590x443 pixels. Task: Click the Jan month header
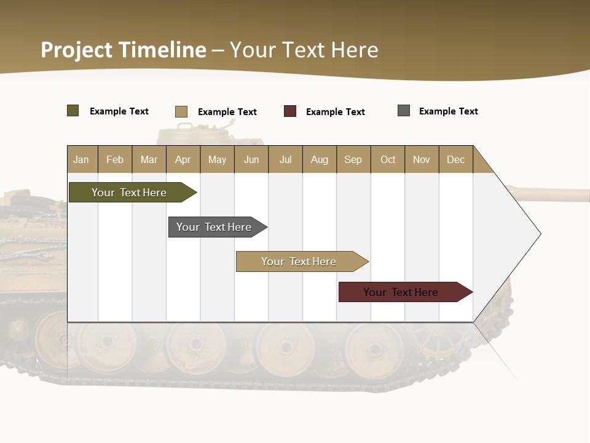(81, 159)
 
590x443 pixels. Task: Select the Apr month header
(183, 159)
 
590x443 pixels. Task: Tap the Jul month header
(285, 159)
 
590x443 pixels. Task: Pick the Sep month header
(353, 159)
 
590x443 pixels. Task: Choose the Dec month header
(455, 159)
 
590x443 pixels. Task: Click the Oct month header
(388, 159)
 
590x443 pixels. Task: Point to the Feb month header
(115, 159)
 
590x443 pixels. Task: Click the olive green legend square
(73, 111)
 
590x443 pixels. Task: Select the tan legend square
(181, 111)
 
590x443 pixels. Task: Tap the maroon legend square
(290, 111)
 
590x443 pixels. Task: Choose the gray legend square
(404, 111)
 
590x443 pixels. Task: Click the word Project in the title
(76, 50)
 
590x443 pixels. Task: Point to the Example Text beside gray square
(448, 111)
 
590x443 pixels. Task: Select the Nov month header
(422, 159)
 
